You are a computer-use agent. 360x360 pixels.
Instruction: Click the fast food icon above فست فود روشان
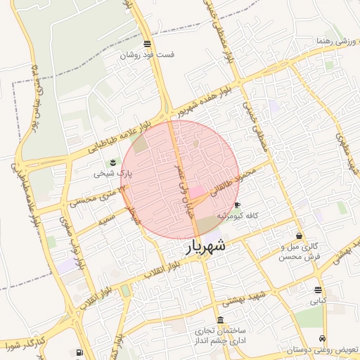pyautogui.click(x=147, y=44)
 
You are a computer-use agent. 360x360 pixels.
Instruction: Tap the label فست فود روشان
pyautogui.click(x=146, y=54)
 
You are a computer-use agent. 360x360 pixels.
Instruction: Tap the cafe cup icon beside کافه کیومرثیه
pyautogui.click(x=237, y=205)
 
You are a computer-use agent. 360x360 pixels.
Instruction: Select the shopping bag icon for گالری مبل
pyautogui.click(x=300, y=236)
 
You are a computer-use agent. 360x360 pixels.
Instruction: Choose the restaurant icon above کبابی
pyautogui.click(x=319, y=290)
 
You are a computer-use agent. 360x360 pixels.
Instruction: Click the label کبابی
pyautogui.click(x=319, y=300)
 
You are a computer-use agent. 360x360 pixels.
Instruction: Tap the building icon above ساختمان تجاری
pyautogui.click(x=221, y=320)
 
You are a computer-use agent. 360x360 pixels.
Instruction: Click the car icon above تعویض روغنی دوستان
pyautogui.click(x=322, y=337)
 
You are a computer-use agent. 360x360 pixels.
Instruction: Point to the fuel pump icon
pyautogui.click(x=79, y=352)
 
